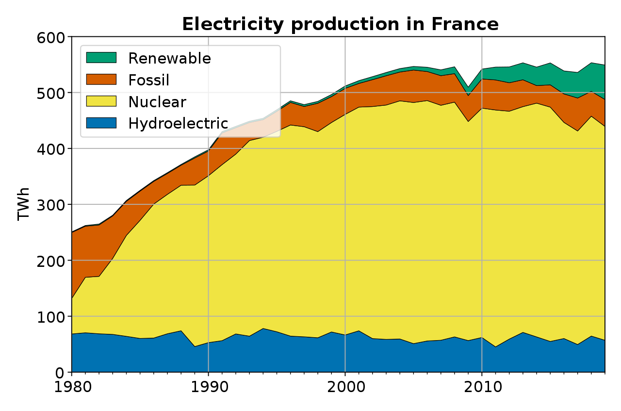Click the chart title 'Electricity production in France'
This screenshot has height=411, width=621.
(340, 24)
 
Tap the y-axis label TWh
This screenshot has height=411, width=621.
(23, 204)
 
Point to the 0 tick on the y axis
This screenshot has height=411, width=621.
(59, 373)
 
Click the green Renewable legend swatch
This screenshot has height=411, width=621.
(101, 58)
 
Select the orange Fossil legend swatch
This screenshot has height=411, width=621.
(101, 80)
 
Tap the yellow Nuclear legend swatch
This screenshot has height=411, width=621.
(101, 101)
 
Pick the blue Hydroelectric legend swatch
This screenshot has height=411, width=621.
(101, 123)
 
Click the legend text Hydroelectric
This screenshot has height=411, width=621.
(178, 123)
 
